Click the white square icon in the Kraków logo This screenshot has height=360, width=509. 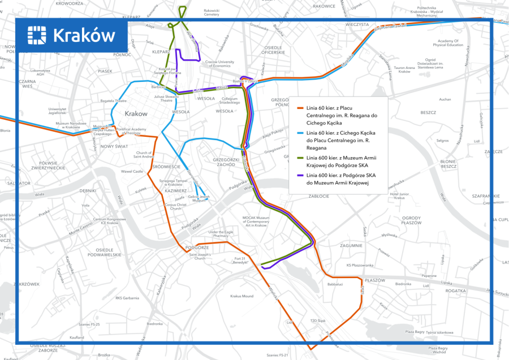[x=37, y=35]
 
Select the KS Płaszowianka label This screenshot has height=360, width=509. [x=360, y=265]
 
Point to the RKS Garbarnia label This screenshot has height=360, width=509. [x=127, y=298]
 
